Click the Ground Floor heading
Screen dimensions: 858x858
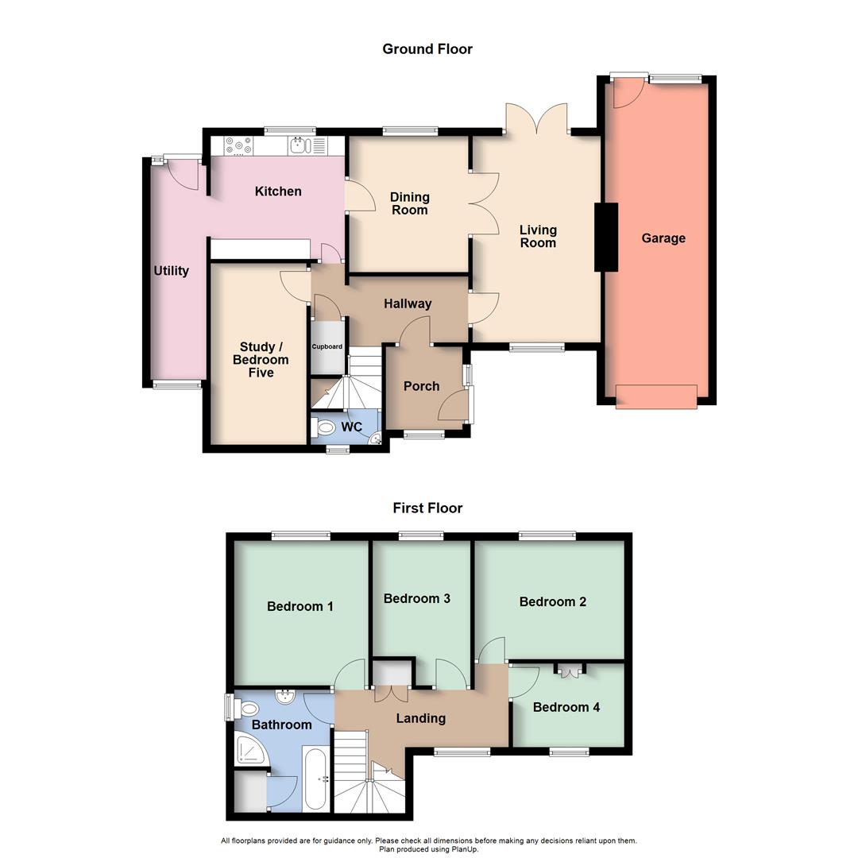tap(427, 49)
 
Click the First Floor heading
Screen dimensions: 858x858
tap(427, 508)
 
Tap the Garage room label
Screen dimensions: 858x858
tap(663, 238)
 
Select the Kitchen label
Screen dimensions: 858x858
tap(278, 191)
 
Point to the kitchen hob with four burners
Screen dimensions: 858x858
tap(238, 145)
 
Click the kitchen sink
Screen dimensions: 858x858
tap(299, 145)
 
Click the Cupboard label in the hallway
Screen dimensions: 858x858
tap(327, 346)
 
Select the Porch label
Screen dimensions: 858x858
tap(421, 386)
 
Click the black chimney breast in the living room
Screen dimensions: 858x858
tap(606, 238)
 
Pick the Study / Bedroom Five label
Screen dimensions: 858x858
tap(261, 360)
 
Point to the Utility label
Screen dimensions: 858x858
tap(171, 271)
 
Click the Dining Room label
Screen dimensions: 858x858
tap(410, 203)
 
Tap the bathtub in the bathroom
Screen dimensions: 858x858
tap(315, 778)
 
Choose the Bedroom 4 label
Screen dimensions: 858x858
tap(566, 707)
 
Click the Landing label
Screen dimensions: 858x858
tap(420, 718)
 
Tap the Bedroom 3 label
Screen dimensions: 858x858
tap(417, 598)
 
